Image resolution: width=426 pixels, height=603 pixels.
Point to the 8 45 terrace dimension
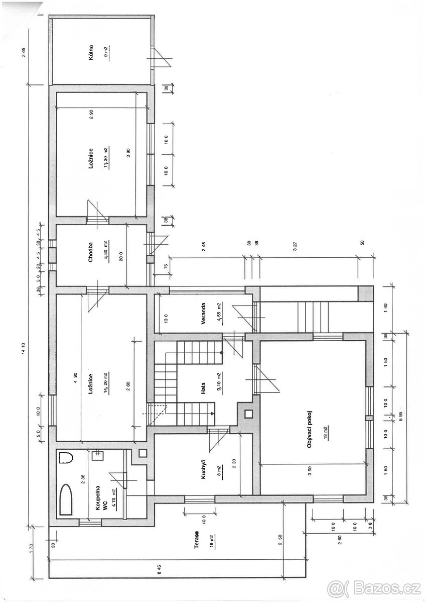point(160,569)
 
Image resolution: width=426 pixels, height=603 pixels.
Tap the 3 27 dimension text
point(296,246)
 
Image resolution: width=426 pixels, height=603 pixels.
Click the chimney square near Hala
point(248,415)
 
